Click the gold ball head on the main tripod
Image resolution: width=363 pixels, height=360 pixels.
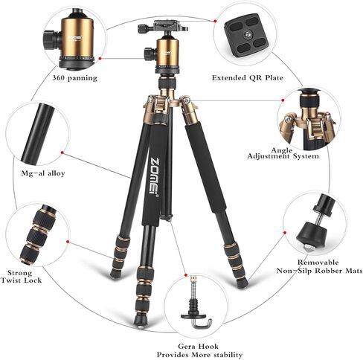tap(166, 54)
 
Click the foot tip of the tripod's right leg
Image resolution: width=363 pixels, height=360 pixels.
tap(242, 285)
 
